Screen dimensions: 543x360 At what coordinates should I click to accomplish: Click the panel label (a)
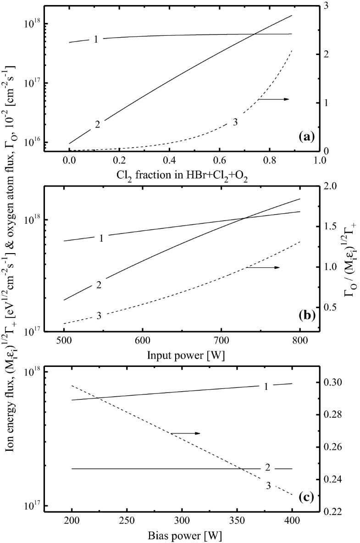pyautogui.click(x=306, y=136)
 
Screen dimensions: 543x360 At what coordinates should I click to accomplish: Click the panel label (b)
pyautogui.click(x=306, y=316)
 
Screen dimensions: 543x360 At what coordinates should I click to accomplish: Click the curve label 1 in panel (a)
pyautogui.click(x=96, y=39)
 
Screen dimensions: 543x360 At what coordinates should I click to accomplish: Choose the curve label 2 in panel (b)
pyautogui.click(x=99, y=285)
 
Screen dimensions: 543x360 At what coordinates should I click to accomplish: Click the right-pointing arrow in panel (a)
pyautogui.click(x=273, y=99)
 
